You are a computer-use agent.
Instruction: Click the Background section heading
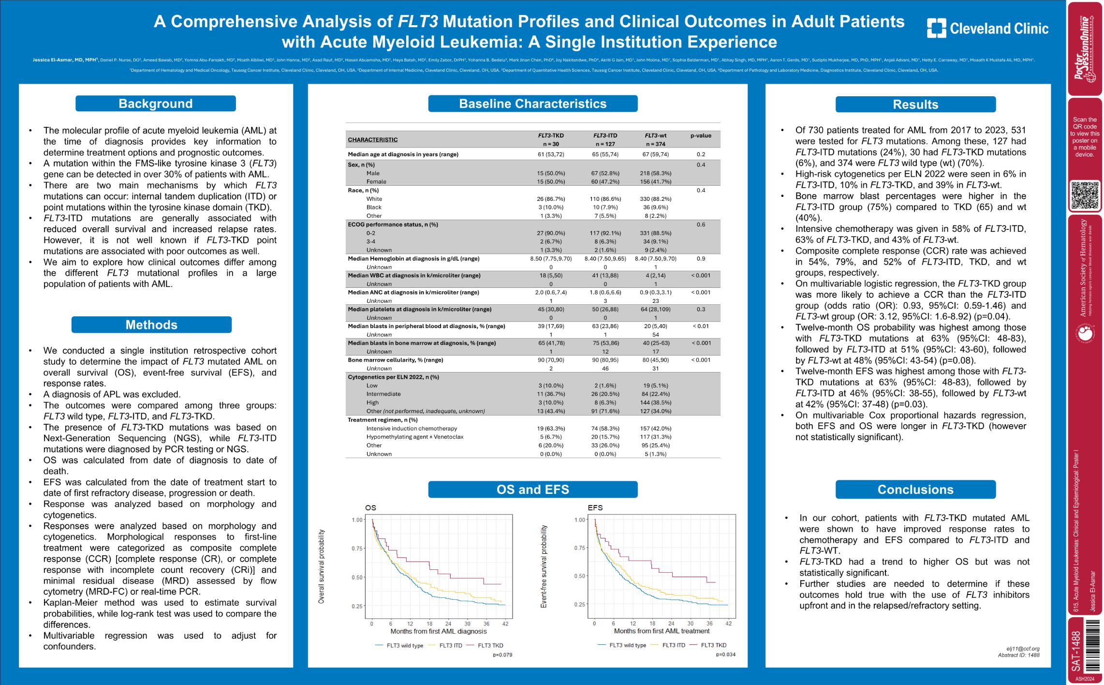tap(155, 104)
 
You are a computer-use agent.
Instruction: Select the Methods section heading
tap(151, 325)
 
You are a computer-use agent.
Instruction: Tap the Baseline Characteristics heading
tap(532, 104)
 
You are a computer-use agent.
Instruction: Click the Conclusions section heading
tap(915, 490)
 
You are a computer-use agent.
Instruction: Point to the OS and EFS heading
tap(532, 490)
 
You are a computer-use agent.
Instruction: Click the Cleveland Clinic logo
tap(987, 29)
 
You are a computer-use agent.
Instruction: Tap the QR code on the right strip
tap(1085, 195)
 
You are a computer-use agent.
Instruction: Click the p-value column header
tap(701, 136)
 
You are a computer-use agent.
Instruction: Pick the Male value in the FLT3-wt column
tap(655, 173)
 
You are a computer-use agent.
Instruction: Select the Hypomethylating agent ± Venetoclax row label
tap(414, 437)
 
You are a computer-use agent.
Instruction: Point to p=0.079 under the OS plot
tap(502, 655)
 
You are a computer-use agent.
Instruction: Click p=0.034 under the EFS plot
tap(725, 655)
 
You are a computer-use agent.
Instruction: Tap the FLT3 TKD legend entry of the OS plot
tap(490, 645)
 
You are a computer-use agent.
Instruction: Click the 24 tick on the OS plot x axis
tap(448, 624)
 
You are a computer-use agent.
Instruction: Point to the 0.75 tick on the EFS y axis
tap(580, 548)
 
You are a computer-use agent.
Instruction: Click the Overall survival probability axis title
tap(321, 566)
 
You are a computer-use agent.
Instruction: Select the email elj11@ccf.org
tap(1023, 649)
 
